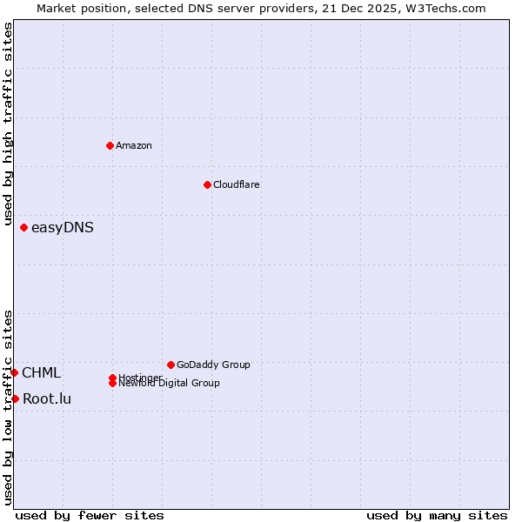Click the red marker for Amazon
point(110,145)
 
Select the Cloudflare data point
point(207,184)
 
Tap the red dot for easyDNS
point(23,228)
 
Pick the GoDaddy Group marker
point(171,365)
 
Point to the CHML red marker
point(14,372)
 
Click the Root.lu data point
point(15,398)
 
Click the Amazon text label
point(134,145)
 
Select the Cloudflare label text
point(237,184)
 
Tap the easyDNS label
point(63,228)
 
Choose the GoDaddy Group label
point(213,365)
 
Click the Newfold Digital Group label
point(170,384)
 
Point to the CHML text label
point(42,373)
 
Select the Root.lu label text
point(47,399)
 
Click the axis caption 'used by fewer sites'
point(90,515)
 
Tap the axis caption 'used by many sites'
point(437,515)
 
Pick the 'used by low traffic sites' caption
point(9,407)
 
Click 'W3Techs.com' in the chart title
point(443,8)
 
